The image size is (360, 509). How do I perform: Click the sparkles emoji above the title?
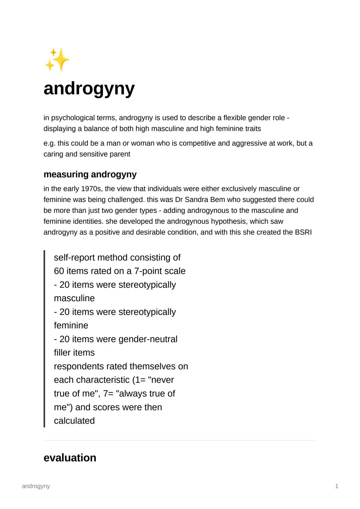click(57, 60)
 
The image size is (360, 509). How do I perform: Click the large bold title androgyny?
click(89, 89)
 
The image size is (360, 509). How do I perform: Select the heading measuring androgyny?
click(90, 174)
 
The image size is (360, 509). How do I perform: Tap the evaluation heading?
click(70, 458)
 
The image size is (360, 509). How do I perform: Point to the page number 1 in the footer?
click(336, 486)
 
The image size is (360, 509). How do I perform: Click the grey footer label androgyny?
click(36, 486)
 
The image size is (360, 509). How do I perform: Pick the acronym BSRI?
click(303, 232)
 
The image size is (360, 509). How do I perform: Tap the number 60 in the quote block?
click(59, 271)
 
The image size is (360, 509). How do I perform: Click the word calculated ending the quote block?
click(74, 421)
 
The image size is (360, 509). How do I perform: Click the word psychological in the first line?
click(73, 118)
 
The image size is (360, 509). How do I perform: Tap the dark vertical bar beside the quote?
click(44, 339)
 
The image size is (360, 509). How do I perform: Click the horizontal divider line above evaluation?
click(180, 440)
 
